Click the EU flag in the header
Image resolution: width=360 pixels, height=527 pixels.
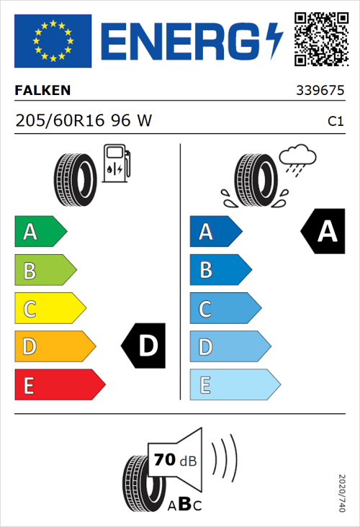click(53, 40)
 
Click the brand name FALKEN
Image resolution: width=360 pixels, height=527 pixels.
click(43, 91)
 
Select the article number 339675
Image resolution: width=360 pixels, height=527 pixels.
click(320, 91)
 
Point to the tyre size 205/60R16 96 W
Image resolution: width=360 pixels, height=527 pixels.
click(84, 121)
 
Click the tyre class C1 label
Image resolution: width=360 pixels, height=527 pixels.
click(335, 122)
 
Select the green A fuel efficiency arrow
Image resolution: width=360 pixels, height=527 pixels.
click(40, 232)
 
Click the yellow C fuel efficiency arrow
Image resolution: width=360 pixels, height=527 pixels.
click(49, 309)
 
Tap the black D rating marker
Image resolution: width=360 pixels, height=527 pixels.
click(145, 346)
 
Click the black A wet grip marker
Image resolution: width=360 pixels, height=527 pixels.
click(324, 232)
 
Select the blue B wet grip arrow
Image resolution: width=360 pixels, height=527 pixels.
click(220, 270)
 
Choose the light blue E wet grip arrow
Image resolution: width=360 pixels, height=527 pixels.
click(234, 385)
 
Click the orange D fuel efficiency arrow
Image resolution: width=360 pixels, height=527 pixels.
click(54, 347)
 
